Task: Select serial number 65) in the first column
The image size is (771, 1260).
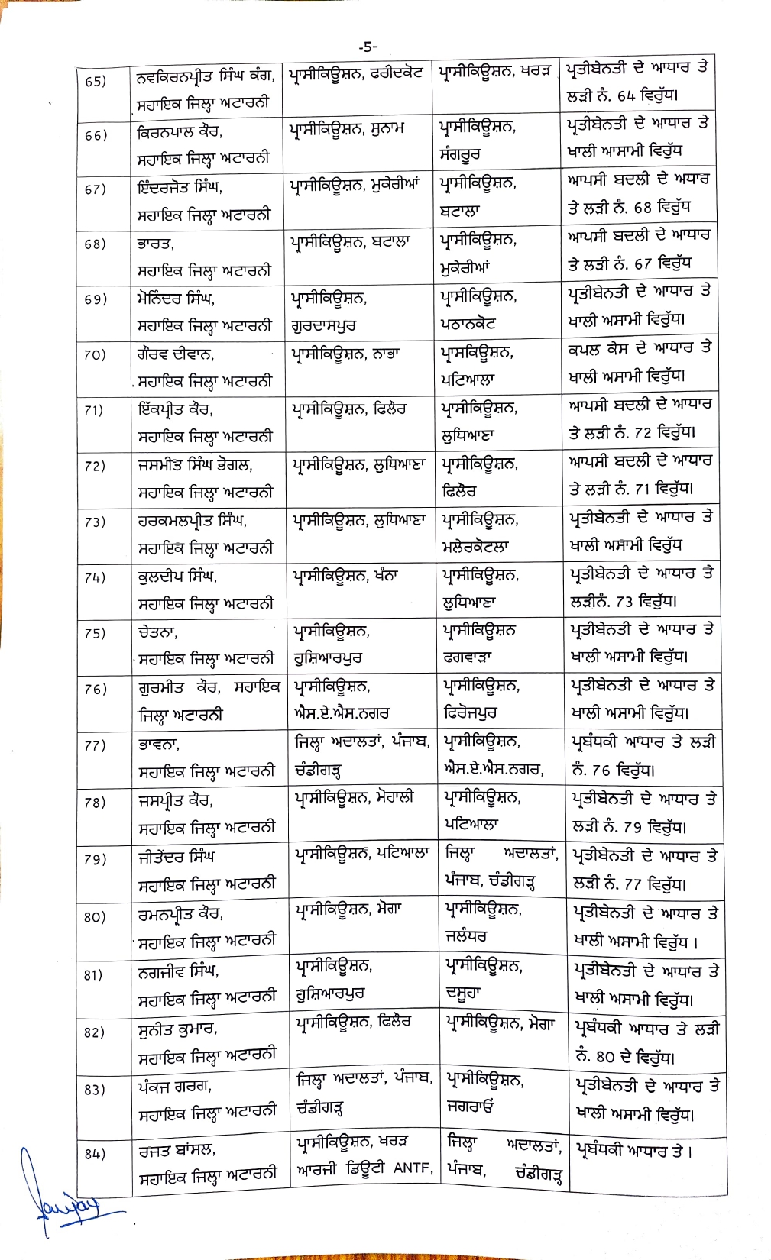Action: [x=96, y=81]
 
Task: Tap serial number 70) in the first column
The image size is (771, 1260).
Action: [x=95, y=355]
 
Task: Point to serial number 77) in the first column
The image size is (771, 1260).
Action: [x=95, y=746]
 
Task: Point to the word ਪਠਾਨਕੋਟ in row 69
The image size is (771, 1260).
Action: [x=469, y=324]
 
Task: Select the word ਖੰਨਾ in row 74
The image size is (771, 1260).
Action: [x=384, y=575]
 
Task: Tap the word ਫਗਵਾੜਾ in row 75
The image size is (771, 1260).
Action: [x=468, y=657]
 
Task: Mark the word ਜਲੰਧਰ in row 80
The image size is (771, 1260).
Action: [x=465, y=935]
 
